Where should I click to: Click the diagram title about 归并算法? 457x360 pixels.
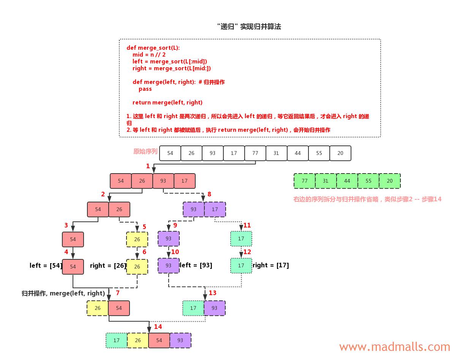pyautogui.click(x=249, y=27)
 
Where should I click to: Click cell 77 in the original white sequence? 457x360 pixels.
pyautogui.click(x=255, y=153)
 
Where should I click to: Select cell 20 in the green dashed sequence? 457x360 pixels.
pyautogui.click(x=389, y=181)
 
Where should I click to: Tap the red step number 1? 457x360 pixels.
pyautogui.click(x=148, y=166)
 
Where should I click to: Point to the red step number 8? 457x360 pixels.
pyautogui.click(x=209, y=194)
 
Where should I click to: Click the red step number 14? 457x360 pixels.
pyautogui.click(x=158, y=327)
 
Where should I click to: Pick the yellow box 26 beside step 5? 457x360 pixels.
pyautogui.click(x=137, y=239)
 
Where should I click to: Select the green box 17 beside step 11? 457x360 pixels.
pyautogui.click(x=241, y=239)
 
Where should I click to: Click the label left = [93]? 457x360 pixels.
pyautogui.click(x=196, y=265)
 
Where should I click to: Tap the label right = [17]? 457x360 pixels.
pyautogui.click(x=270, y=265)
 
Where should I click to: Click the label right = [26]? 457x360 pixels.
pyautogui.click(x=108, y=265)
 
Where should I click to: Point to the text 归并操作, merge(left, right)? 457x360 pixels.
pyautogui.click(x=63, y=293)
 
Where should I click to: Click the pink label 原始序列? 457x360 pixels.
pyautogui.click(x=145, y=151)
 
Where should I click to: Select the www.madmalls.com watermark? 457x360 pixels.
pyautogui.click(x=394, y=347)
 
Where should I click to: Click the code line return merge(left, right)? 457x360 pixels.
pyautogui.click(x=167, y=103)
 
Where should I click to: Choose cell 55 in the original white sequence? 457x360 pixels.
pyautogui.click(x=319, y=153)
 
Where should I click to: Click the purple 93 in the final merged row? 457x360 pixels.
pyautogui.click(x=180, y=340)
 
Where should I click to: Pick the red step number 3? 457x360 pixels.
pyautogui.click(x=66, y=225)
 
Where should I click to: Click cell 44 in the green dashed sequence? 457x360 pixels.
pyautogui.click(x=347, y=181)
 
